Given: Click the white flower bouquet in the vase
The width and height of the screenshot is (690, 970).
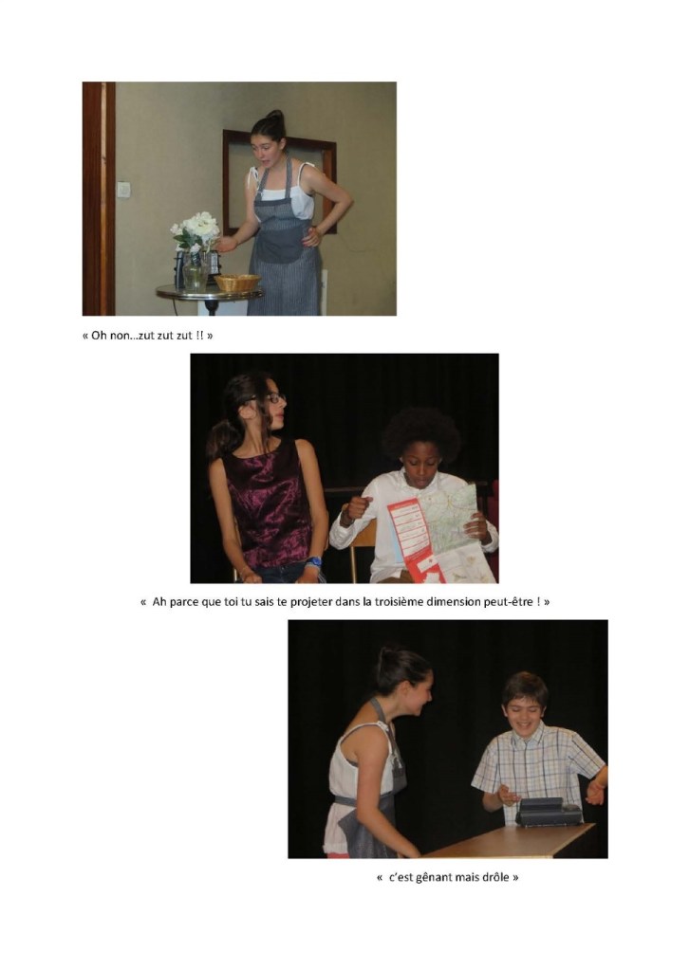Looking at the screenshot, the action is click(196, 231).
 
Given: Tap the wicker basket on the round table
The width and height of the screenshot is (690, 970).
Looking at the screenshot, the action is click(237, 283).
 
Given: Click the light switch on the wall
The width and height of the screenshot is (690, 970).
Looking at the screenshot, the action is click(124, 190).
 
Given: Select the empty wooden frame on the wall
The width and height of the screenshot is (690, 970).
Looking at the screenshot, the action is click(279, 182).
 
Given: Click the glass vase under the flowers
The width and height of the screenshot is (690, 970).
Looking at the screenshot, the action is click(196, 270).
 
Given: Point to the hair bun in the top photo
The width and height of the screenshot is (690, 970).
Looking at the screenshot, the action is click(275, 116).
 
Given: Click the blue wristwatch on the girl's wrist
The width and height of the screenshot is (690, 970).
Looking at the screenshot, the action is click(314, 562).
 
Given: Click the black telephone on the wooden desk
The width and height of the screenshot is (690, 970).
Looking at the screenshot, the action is click(549, 812).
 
